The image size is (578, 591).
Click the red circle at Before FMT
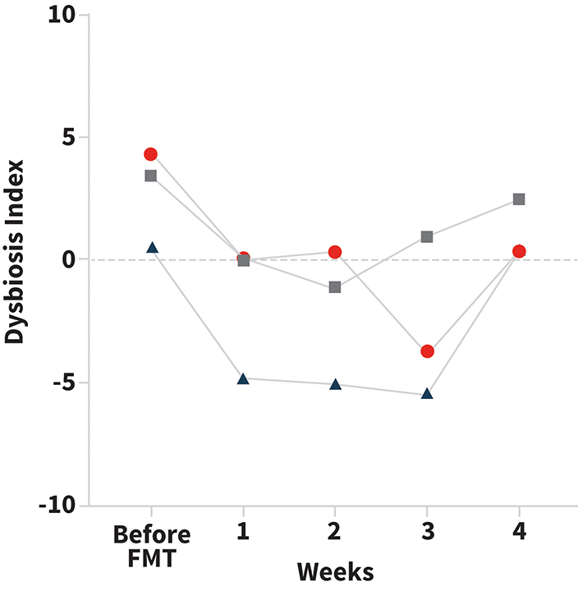click(151, 154)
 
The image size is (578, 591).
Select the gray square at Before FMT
click(151, 176)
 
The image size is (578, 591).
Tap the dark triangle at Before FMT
click(151, 247)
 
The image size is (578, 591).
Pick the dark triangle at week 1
click(243, 379)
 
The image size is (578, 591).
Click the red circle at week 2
click(335, 252)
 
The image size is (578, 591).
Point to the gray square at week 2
click(335, 287)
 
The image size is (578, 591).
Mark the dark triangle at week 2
click(335, 385)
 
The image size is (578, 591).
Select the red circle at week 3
click(427, 351)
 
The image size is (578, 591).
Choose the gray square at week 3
click(427, 237)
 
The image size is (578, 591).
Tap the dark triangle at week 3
click(427, 395)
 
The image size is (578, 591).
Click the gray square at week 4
click(519, 199)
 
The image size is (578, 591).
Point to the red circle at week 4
click(519, 251)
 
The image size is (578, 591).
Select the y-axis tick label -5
click(59, 383)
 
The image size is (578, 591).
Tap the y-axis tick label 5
click(67, 138)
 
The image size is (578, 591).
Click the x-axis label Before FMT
click(151, 545)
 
